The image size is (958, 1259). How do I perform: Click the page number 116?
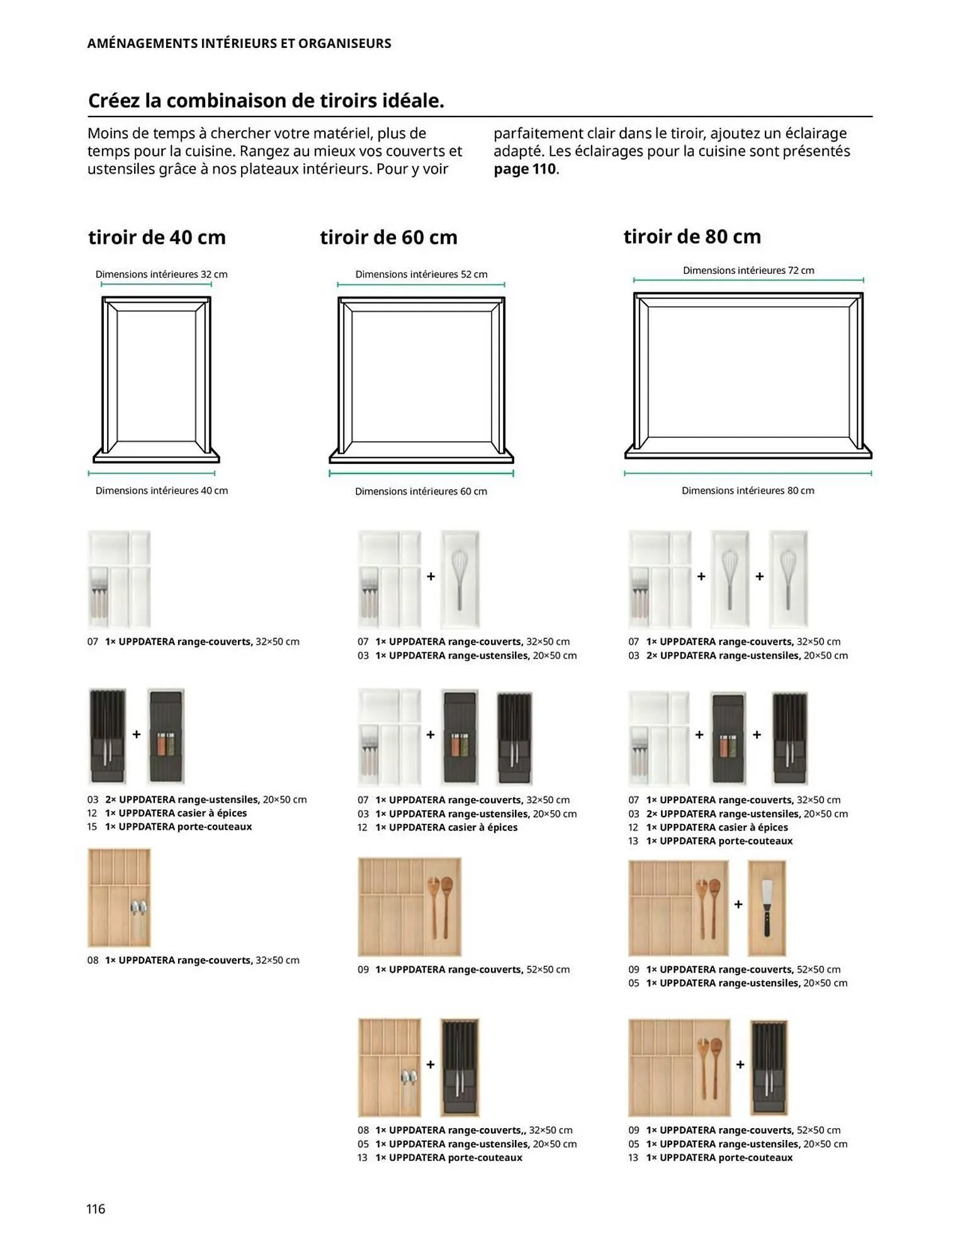click(x=96, y=1208)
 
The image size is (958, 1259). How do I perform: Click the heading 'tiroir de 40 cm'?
click(x=157, y=237)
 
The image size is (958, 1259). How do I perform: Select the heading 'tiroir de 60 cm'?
click(x=388, y=237)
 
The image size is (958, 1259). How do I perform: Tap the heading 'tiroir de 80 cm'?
click(x=692, y=237)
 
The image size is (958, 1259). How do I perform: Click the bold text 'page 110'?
click(x=525, y=169)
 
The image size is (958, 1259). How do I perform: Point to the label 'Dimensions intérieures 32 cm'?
click(x=161, y=274)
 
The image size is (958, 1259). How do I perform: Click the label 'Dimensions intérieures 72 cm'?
click(x=748, y=271)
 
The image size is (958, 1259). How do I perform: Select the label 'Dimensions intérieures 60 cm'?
click(x=421, y=491)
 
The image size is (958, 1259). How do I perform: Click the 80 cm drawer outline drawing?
click(x=748, y=375)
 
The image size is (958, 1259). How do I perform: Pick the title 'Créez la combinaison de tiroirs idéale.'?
click(x=266, y=101)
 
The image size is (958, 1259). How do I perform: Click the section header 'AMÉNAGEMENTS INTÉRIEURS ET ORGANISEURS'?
click(x=239, y=43)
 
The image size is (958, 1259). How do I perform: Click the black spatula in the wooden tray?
click(x=767, y=906)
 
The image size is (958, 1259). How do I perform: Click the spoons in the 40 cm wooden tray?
click(x=138, y=917)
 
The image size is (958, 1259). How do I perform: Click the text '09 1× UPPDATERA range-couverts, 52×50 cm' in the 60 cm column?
click(x=463, y=969)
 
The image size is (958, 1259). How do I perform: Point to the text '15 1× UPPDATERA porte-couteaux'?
click(x=169, y=827)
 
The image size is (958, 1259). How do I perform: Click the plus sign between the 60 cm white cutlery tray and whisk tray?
click(x=431, y=576)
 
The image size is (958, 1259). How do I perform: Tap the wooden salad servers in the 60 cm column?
click(x=440, y=905)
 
